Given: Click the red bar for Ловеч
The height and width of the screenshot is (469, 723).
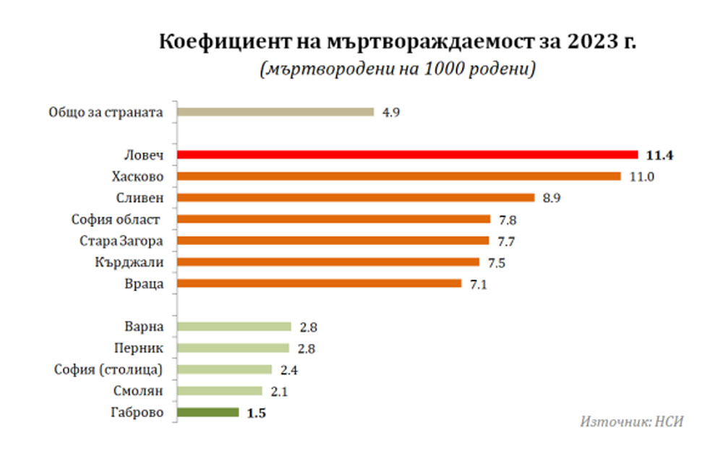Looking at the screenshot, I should point(407,154).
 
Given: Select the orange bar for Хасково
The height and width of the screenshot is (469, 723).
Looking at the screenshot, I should point(398,176).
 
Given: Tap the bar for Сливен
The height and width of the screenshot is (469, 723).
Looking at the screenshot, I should point(355,197).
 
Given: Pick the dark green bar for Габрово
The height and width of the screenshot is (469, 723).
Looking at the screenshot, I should point(208,413).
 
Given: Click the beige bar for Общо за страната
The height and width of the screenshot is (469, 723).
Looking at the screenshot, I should point(275,112).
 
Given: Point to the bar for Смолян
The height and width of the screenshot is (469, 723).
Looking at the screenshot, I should point(219,391).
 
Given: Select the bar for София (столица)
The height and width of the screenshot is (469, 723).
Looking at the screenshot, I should point(224,369).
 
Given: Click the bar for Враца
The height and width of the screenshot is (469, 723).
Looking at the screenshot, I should point(319,283).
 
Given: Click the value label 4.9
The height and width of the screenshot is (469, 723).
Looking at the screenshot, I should point(390,112).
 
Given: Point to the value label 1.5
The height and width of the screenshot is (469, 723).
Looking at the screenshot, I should point(257,413).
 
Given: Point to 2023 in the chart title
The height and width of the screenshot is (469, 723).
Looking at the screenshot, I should point(591,43).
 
